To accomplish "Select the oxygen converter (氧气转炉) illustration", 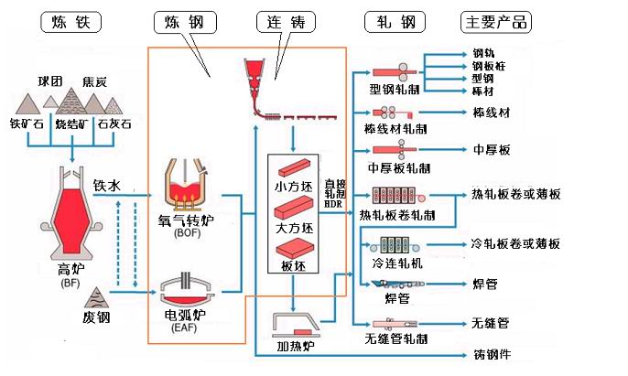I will pos(190,183).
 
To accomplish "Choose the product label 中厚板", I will pos(493,149).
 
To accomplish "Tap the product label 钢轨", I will pos(483,54).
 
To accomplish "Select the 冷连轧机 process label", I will pos(396,263).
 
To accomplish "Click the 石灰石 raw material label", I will pos(115,123).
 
